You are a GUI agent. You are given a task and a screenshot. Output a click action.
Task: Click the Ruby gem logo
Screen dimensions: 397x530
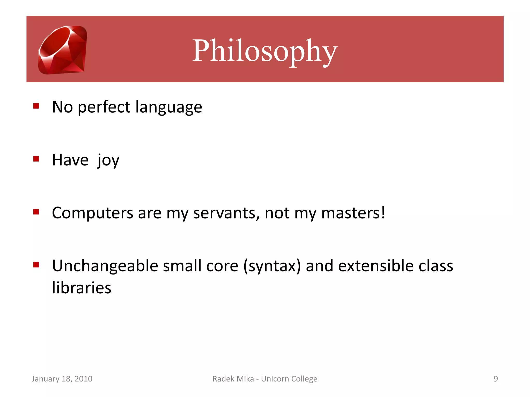pos(62,50)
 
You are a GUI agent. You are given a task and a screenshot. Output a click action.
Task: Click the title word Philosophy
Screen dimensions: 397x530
pos(264,51)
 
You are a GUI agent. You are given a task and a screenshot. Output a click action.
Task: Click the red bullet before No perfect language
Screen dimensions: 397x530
pos(36,106)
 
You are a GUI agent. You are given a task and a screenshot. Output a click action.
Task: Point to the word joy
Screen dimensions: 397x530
pos(108,160)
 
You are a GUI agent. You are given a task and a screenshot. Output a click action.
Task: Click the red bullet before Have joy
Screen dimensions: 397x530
pos(36,159)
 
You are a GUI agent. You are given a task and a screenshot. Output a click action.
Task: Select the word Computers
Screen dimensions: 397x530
pos(92,213)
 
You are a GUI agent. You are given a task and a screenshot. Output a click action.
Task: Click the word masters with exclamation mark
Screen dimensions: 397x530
pos(353,213)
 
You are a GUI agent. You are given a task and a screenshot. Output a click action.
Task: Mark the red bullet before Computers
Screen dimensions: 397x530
pos(36,212)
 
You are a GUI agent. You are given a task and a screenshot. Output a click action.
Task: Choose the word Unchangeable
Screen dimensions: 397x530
pos(105,266)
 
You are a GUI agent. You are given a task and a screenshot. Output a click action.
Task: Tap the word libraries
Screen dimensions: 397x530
pos(82,288)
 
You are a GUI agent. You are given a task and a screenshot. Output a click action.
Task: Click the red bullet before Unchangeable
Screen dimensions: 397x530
pos(36,265)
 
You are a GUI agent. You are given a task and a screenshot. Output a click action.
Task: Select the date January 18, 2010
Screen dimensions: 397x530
pos(62,379)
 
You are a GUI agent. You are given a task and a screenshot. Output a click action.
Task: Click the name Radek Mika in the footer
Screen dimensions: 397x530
pos(233,379)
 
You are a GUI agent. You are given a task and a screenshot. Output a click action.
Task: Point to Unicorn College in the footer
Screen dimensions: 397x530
pos(289,379)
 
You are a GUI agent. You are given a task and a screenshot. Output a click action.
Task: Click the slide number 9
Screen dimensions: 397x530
pos(496,379)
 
